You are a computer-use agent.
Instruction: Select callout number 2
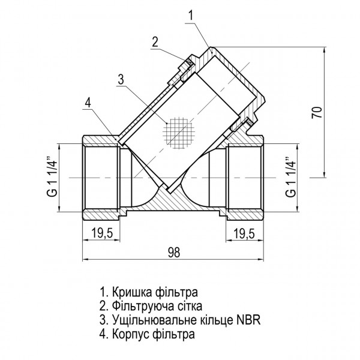click(x=155, y=41)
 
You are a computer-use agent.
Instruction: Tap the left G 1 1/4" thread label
click(x=52, y=178)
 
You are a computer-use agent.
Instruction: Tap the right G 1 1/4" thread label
click(x=291, y=178)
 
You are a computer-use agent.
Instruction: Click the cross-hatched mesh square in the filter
click(x=180, y=131)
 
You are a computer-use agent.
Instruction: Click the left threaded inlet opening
click(x=98, y=178)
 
